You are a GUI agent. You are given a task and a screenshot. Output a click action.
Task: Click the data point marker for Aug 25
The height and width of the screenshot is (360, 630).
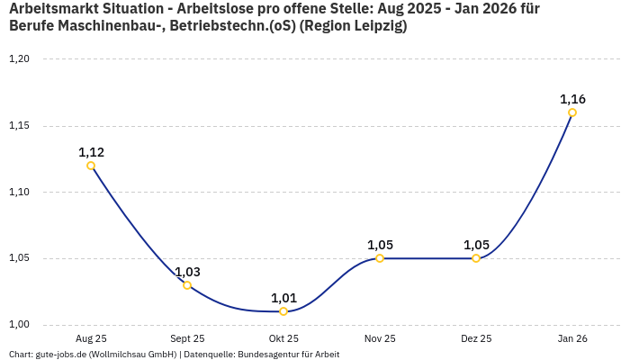click(x=91, y=166)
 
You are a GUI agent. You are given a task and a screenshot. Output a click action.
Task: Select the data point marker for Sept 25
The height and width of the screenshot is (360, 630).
click(x=187, y=285)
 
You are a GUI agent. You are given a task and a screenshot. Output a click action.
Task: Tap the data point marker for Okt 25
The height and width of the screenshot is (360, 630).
click(x=283, y=311)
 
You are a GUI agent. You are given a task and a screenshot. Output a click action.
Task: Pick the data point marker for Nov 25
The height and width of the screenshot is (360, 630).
click(x=380, y=258)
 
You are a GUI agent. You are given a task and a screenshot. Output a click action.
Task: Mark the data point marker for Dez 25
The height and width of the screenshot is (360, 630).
click(x=476, y=258)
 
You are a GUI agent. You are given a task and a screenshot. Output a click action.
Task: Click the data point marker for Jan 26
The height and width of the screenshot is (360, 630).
click(x=572, y=112)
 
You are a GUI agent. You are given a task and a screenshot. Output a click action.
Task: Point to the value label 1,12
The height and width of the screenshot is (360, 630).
click(x=91, y=152)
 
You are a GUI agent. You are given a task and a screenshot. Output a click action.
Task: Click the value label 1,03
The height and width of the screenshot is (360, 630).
click(x=187, y=272)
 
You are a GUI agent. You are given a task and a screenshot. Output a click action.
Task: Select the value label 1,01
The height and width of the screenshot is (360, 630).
click(x=283, y=298)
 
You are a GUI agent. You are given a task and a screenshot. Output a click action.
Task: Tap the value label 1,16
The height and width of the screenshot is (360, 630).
click(x=572, y=99)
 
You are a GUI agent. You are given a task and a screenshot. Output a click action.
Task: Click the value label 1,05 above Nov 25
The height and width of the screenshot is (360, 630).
click(x=380, y=245)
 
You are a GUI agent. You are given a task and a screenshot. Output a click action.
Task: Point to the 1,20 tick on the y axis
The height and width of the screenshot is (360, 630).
click(x=19, y=59)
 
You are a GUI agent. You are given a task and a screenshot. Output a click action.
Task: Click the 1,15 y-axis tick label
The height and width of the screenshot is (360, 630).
click(x=19, y=126)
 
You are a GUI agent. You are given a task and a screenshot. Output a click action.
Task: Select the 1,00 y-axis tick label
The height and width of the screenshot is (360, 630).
click(x=19, y=325)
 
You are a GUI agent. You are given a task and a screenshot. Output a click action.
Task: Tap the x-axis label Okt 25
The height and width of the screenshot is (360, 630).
click(x=283, y=339)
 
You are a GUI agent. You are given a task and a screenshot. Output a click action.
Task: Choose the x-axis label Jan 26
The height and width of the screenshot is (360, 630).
click(x=572, y=339)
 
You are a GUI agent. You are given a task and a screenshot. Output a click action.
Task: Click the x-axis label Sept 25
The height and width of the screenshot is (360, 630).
click(x=187, y=339)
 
